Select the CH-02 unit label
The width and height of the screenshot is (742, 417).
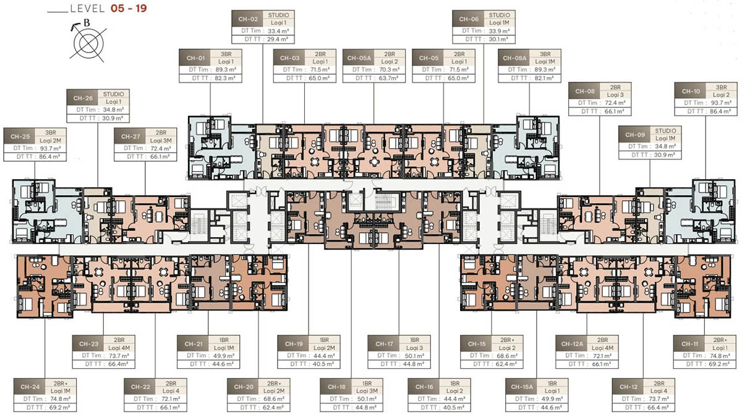pyautogui.click(x=249, y=19)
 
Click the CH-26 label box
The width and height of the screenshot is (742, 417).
pyautogui.click(x=82, y=98)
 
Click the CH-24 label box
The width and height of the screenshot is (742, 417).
pyautogui.click(x=30, y=387)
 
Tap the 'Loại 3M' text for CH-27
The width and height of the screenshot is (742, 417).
pyautogui.click(x=162, y=140)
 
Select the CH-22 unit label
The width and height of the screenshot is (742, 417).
pyautogui.click(x=141, y=387)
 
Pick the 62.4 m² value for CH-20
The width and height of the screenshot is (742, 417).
pyautogui.click(x=281, y=408)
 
